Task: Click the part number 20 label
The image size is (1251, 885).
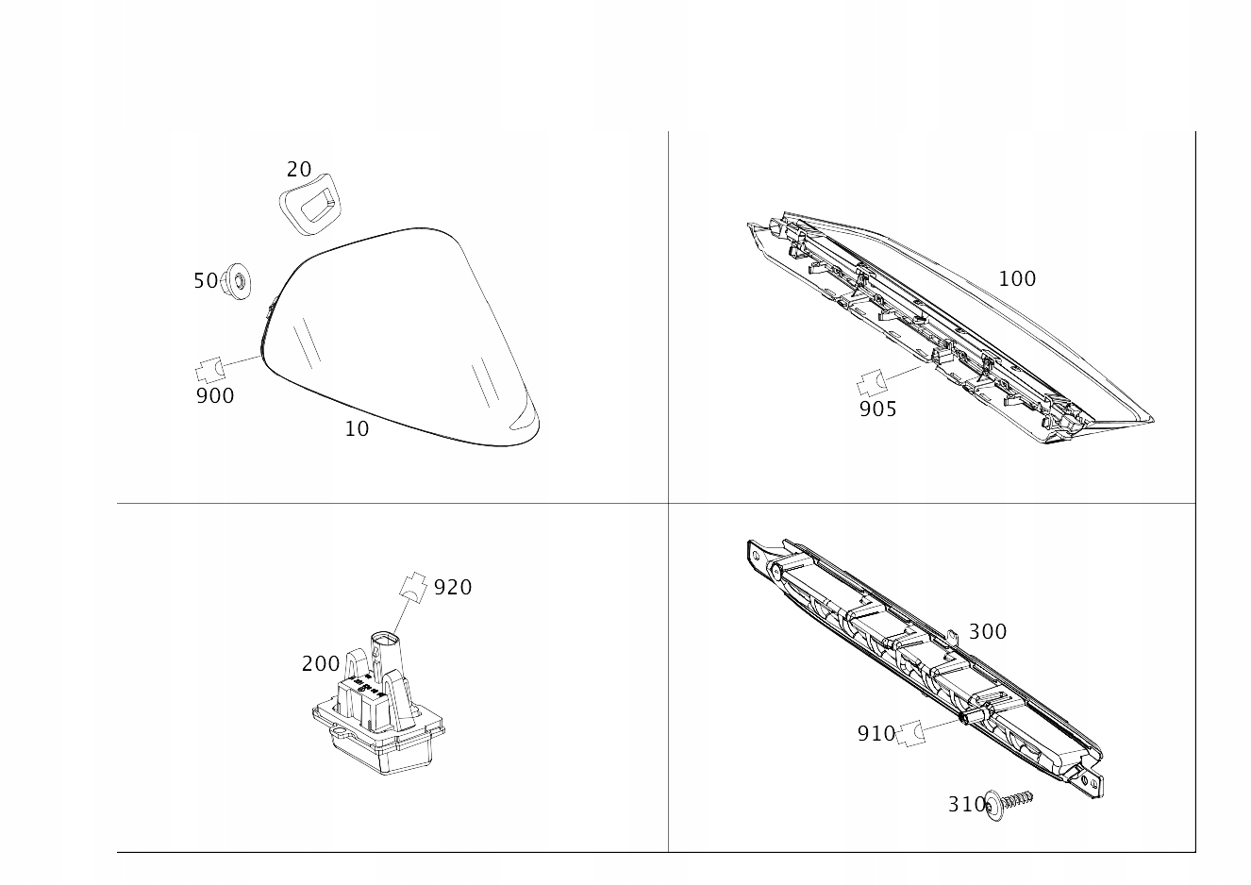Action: (299, 170)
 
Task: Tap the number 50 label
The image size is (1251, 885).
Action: (205, 281)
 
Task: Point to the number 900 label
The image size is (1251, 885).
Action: (215, 396)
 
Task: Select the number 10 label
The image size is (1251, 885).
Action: (357, 429)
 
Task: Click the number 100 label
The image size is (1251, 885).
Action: (1017, 279)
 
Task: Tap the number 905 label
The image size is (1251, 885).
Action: (877, 409)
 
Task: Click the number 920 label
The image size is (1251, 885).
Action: (453, 588)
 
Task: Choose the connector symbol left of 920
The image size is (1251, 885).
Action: (413, 586)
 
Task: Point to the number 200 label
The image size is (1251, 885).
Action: (321, 664)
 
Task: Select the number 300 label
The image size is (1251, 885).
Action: (988, 632)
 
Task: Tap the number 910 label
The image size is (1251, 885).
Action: (876, 733)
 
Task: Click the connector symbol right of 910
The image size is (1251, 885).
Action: (909, 733)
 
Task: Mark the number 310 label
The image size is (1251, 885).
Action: (968, 805)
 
